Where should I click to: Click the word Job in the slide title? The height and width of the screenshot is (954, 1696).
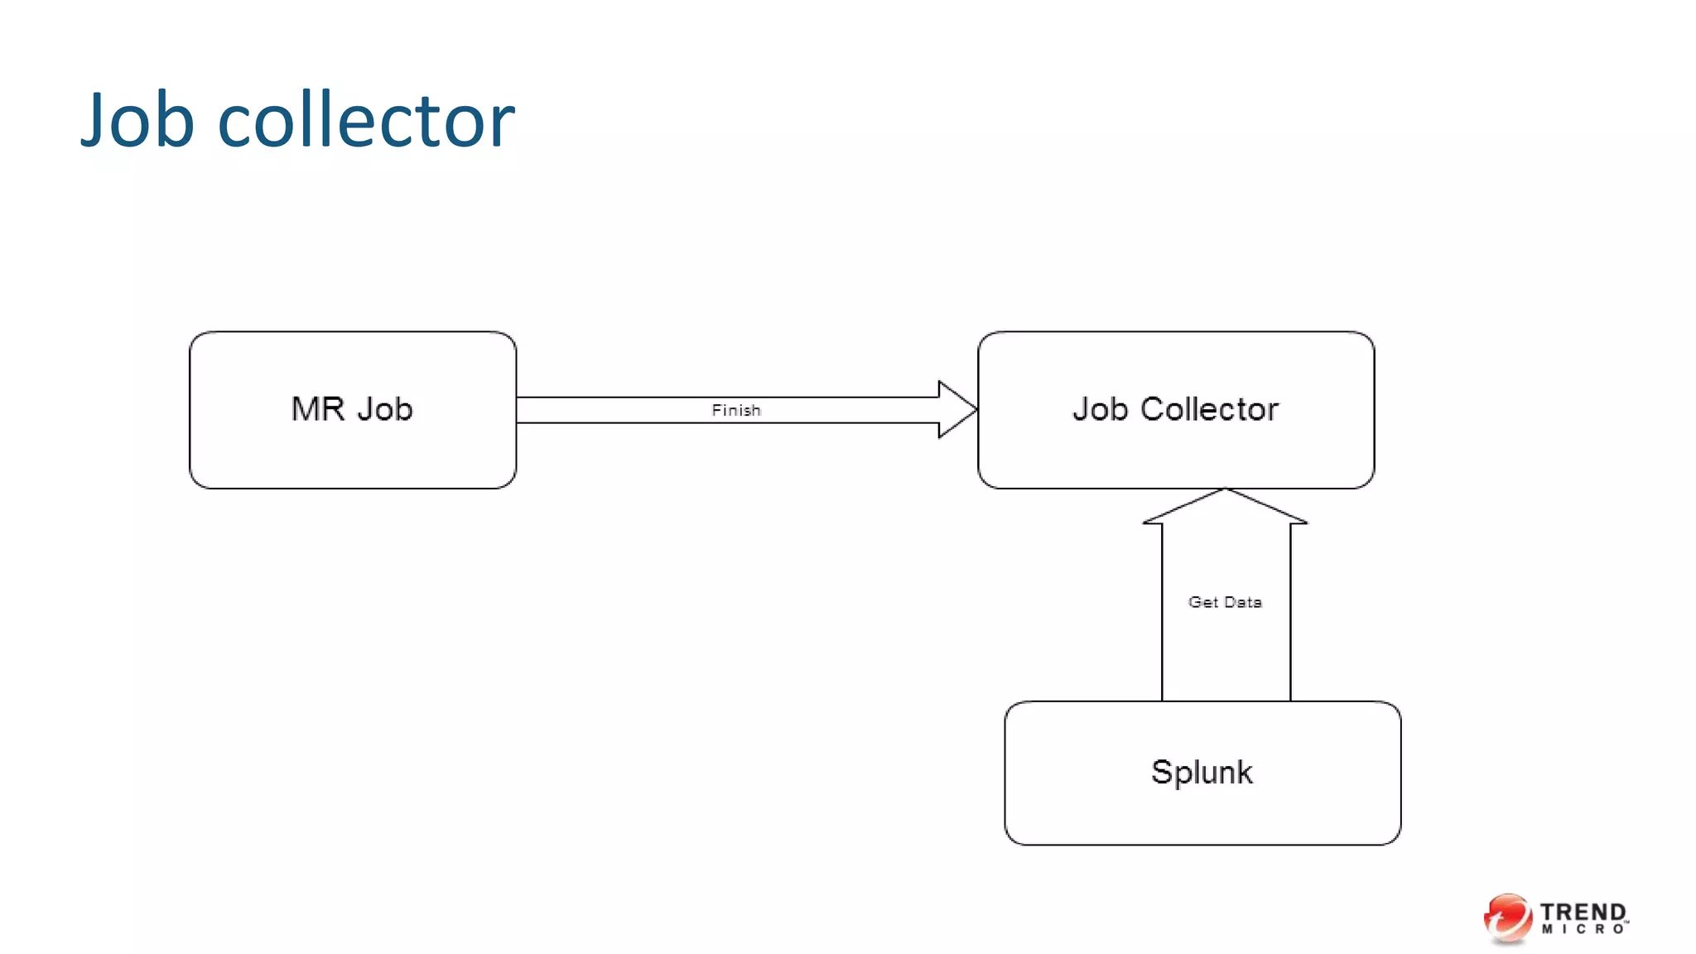point(137,121)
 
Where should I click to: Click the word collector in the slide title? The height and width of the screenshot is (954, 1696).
point(366,121)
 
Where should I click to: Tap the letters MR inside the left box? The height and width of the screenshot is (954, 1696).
point(317,409)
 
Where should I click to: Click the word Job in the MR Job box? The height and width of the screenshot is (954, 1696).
point(385,409)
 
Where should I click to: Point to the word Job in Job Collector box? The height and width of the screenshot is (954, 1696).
point(1100,409)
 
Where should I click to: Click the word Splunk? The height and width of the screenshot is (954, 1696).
point(1202,772)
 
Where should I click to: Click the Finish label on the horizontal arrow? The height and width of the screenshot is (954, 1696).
point(735,410)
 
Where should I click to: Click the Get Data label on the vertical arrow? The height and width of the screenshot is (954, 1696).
point(1225,602)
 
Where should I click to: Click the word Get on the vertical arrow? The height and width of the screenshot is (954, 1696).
point(1203,602)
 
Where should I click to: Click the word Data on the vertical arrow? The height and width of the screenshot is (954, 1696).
point(1243,602)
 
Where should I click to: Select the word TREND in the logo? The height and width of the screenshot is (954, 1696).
point(1583,912)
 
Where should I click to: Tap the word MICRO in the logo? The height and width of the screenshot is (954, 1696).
point(1583,930)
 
